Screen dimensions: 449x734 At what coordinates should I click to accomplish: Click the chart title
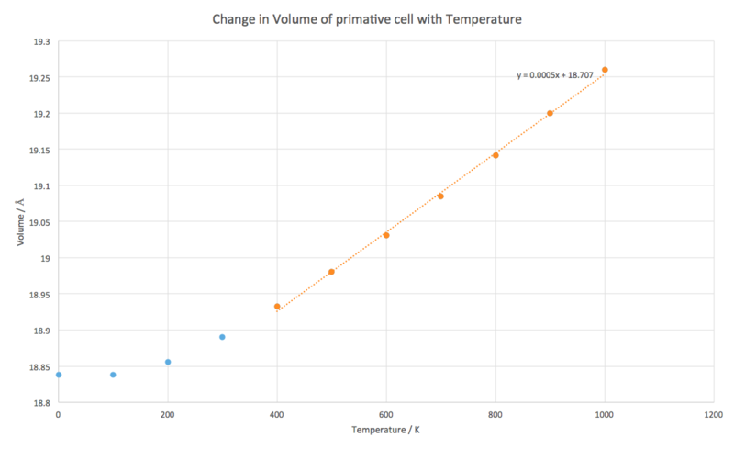coord(367,17)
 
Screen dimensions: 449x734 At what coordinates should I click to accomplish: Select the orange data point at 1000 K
coord(605,70)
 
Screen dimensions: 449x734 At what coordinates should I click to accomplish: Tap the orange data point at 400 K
coord(277,307)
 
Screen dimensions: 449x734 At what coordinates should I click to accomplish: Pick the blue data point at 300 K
coord(222,337)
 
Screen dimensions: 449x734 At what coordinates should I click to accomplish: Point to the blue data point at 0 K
coord(59,375)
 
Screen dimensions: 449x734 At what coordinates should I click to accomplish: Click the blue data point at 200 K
coord(168,362)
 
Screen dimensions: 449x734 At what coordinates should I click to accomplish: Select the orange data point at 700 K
coord(440,196)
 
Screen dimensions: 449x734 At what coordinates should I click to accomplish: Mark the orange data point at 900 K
coord(550,113)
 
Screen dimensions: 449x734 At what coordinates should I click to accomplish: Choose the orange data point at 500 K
coord(331,272)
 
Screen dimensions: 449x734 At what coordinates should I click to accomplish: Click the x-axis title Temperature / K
coord(386,430)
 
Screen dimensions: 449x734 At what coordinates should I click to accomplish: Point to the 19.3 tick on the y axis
coord(39,41)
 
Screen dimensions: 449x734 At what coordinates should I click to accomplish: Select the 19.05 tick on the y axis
coord(38,222)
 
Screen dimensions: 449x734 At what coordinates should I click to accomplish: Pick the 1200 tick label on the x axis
coord(714,414)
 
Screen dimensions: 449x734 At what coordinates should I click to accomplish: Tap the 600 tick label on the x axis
coord(386,414)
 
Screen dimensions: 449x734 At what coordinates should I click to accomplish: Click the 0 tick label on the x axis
coord(59,414)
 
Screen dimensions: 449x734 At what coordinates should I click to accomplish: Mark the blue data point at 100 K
coord(113,375)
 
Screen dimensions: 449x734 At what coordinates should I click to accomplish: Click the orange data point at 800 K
coord(495,155)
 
